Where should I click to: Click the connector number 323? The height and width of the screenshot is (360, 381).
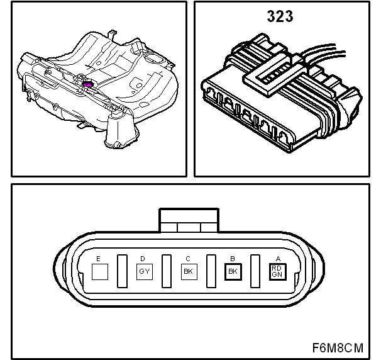tap(280, 16)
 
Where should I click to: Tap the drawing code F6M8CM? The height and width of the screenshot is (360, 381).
tap(338, 347)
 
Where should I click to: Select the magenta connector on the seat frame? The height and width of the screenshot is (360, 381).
tap(88, 84)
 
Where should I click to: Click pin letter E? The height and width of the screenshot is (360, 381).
tap(98, 259)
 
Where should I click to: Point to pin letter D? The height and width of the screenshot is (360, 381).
tap(143, 259)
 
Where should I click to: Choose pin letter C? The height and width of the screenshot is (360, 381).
tap(187, 259)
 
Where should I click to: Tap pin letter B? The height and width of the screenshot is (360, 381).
tap(233, 259)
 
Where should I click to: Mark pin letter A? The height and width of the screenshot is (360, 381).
tap(278, 259)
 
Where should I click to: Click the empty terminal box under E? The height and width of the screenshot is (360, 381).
tap(100, 272)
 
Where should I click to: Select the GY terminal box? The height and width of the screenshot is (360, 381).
tap(145, 272)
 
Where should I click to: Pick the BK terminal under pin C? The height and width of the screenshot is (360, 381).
tap(189, 272)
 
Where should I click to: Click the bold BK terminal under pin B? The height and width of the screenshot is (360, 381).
tap(233, 272)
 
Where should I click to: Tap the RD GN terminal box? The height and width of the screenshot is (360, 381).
tap(278, 272)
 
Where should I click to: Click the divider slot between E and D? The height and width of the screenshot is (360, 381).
tap(122, 271)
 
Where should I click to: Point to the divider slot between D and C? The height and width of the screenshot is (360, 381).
tap(167, 271)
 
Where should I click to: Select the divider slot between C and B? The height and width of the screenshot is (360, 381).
tap(211, 271)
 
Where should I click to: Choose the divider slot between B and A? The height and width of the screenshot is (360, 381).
tap(255, 271)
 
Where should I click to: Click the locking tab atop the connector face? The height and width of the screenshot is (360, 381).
tap(189, 220)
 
